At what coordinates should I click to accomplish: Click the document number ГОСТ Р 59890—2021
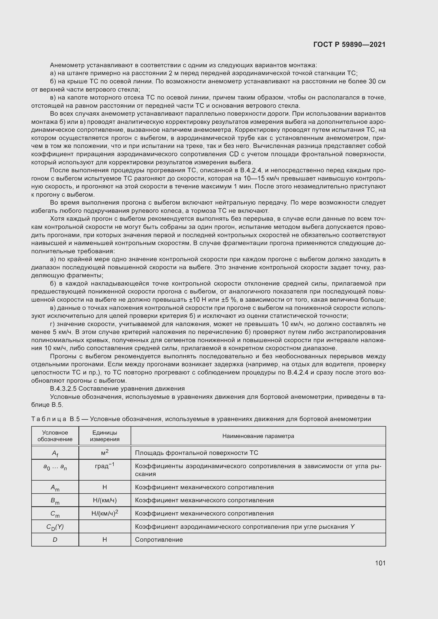[349, 44]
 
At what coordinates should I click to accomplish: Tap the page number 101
[380, 563]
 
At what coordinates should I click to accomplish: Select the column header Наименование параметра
[258, 436]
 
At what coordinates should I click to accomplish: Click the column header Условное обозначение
[55, 436]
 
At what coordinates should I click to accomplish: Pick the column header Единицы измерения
[105, 436]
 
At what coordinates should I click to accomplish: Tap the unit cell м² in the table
[105, 453]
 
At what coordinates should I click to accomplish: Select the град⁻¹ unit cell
[105, 466]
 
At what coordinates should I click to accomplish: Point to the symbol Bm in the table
[55, 501]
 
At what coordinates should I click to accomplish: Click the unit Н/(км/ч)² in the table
[105, 513]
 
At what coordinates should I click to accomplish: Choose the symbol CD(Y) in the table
[55, 527]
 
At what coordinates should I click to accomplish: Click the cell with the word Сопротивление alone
[159, 539]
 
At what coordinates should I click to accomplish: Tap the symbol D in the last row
[55, 539]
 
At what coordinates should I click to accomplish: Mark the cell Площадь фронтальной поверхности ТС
[196, 453]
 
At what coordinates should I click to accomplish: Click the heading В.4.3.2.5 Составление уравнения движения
[117, 388]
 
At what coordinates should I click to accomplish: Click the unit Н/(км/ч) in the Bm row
[105, 500]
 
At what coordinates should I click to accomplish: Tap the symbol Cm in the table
[55, 514]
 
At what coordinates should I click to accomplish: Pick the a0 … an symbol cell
[55, 467]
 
